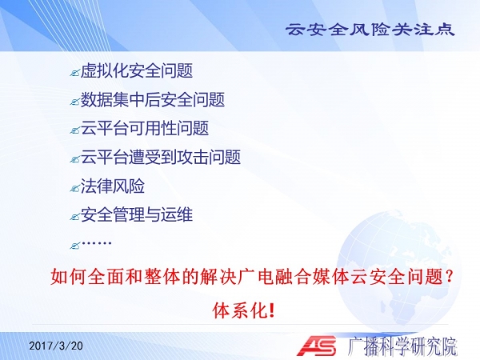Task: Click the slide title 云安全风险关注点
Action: point(370,30)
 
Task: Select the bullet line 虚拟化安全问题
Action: point(137,70)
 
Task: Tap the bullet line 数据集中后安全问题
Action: point(153,99)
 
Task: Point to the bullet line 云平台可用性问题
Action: point(145,128)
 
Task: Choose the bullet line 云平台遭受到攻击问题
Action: point(161,157)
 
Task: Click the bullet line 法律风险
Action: point(112,186)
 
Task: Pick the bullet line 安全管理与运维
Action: point(137,214)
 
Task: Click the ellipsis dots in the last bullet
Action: point(97,243)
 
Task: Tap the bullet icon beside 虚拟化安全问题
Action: point(74,73)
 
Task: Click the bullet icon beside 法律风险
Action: point(74,188)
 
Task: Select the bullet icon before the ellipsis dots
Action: point(74,246)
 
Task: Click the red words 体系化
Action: point(238,310)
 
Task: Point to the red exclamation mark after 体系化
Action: point(270,310)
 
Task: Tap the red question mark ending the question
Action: point(449,277)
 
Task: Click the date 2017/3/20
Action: point(56,346)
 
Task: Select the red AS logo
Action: point(317,346)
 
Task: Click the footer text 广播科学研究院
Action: point(402,346)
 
